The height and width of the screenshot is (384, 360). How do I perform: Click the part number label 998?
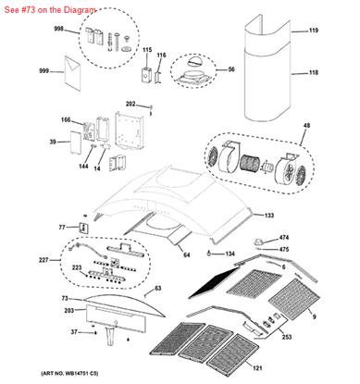pos(59,30)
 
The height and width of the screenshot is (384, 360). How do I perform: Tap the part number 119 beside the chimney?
pos(313,31)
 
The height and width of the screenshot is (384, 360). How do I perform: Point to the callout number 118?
pos(313,72)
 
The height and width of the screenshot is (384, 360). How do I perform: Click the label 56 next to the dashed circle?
pos(231,69)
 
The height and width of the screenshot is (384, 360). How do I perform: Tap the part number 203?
pos(68,312)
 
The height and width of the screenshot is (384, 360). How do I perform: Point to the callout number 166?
pos(66,120)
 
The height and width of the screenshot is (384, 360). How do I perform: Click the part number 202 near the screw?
pos(130,104)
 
